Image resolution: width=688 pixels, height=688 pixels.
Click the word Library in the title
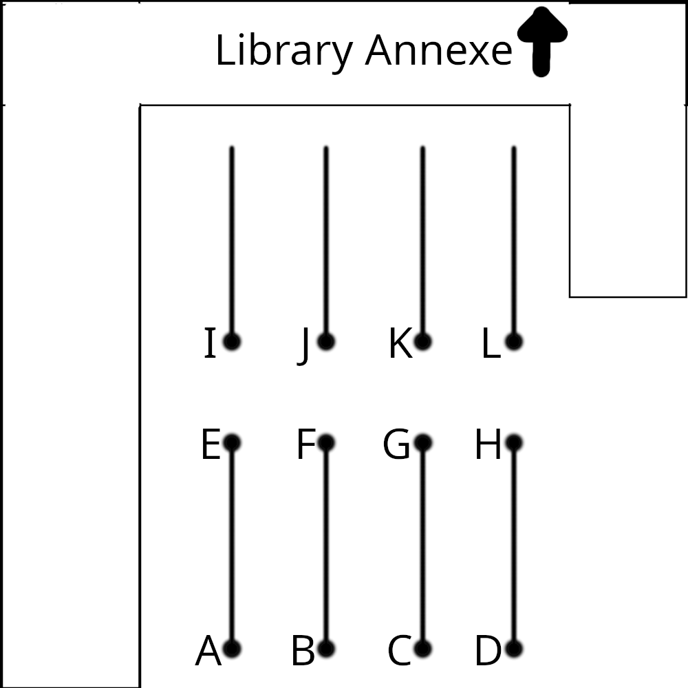point(285,52)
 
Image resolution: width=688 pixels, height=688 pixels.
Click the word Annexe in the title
point(438,52)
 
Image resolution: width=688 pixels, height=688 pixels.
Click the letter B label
point(303,652)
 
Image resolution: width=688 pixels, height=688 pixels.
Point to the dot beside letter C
point(423,648)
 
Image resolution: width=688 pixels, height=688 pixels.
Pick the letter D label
point(488,652)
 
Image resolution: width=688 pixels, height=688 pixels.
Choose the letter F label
point(305,445)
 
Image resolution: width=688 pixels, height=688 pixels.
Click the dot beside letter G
point(423,442)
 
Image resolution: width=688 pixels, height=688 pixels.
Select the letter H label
point(488,445)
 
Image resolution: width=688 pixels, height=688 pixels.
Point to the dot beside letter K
point(423,341)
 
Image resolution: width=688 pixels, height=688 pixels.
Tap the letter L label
point(490,344)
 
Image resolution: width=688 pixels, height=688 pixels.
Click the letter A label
point(208,652)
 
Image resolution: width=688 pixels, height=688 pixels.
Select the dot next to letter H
point(514,442)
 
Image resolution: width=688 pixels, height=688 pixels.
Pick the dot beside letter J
point(326,341)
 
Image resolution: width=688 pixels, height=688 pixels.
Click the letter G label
point(396,445)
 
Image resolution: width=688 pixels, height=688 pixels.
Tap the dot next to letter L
point(514,341)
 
